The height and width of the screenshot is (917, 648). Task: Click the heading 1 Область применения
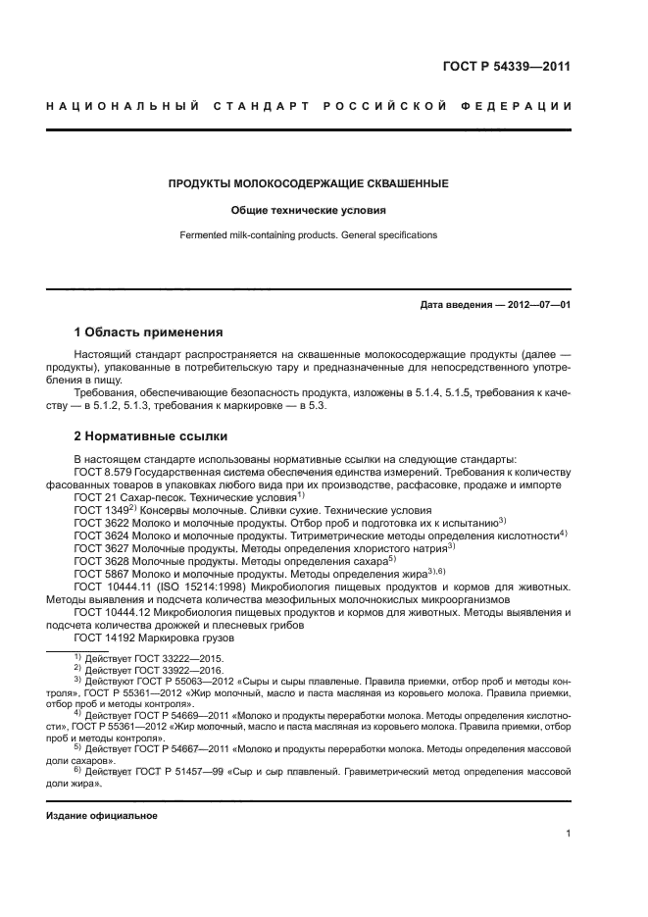pos(149,331)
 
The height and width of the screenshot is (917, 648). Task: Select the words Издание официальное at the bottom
pos(102,816)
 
